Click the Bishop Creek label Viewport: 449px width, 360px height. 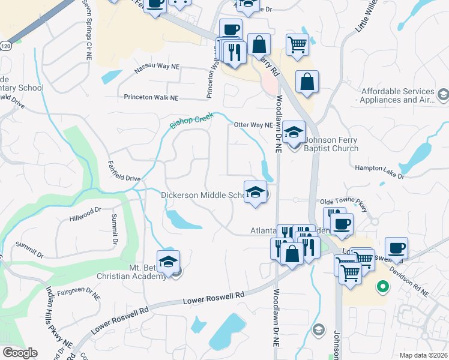[192, 121]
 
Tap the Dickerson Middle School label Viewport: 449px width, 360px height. [202, 195]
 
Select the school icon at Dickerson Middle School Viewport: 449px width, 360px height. [255, 193]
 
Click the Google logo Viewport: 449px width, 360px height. [20, 352]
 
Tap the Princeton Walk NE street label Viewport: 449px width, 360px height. [151, 97]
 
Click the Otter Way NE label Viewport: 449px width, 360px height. [253, 125]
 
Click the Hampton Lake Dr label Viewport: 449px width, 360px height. [380, 172]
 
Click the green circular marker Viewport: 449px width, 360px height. [381, 287]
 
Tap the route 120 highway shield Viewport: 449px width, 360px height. [5, 46]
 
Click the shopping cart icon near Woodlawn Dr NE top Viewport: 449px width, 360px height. [297, 44]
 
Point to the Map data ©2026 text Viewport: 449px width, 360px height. [423, 355]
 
